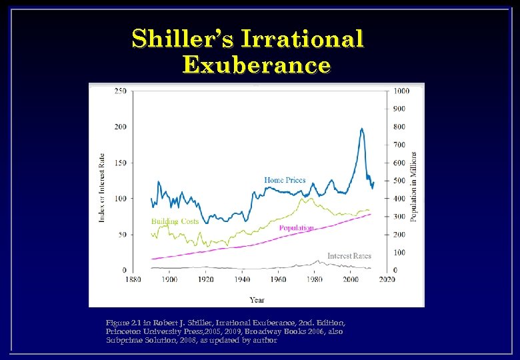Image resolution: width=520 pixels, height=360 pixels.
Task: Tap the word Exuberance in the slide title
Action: (256, 65)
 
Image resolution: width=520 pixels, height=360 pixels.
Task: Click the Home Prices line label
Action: (285, 180)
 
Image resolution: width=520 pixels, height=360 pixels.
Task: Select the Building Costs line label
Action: (175, 221)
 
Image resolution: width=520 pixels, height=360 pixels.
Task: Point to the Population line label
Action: (297, 228)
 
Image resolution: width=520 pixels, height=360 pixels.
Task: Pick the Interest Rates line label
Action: (349, 256)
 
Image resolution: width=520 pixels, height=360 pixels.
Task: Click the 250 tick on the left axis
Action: (121, 91)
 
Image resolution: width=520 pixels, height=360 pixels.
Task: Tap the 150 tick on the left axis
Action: (121, 163)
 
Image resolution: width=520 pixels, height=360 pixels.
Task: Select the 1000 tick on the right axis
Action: (401, 91)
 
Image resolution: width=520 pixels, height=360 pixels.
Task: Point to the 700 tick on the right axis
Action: (399, 145)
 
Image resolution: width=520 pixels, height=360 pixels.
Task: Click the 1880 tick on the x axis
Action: (133, 280)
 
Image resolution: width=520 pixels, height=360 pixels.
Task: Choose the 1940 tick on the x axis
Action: (242, 280)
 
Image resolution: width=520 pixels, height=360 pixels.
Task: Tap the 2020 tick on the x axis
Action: (387, 280)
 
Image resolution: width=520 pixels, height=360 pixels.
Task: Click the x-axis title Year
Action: (257, 299)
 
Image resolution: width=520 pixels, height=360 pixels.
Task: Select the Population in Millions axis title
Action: (414, 187)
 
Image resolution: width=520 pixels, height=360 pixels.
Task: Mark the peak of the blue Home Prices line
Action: (361, 129)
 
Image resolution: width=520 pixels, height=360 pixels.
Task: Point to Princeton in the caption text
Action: (124, 331)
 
